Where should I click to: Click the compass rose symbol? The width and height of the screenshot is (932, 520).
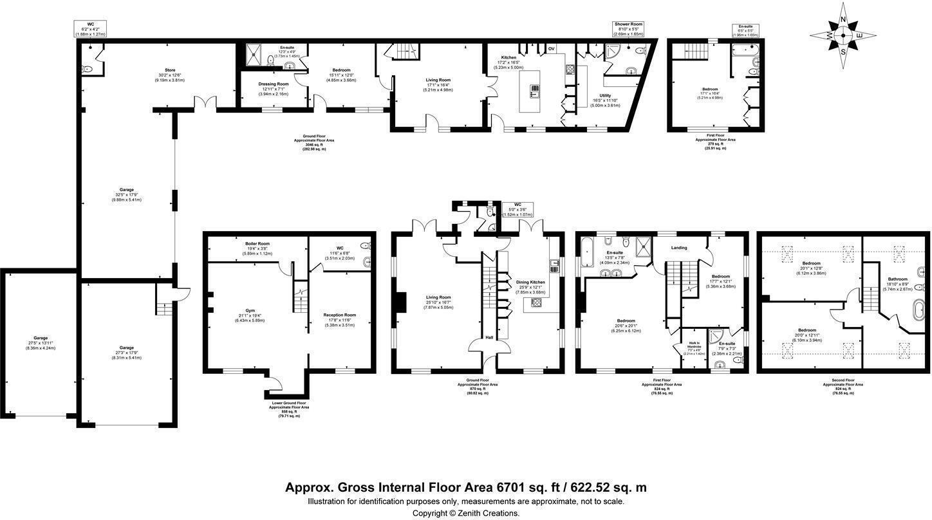click(x=843, y=35)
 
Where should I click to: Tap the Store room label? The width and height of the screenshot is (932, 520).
click(x=170, y=70)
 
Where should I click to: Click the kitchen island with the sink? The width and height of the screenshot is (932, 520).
click(x=534, y=91)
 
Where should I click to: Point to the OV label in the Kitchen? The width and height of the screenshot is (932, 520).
click(x=551, y=49)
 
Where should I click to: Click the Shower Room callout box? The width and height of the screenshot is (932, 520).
click(x=628, y=29)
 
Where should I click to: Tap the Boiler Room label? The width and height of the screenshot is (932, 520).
click(x=257, y=244)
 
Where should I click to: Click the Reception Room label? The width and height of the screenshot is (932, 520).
click(x=339, y=315)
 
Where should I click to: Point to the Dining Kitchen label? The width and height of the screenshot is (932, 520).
click(x=528, y=282)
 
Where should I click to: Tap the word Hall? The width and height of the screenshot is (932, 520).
click(x=489, y=337)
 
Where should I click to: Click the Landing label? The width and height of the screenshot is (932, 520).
click(x=679, y=248)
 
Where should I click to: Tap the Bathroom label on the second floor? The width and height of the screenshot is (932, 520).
click(x=898, y=279)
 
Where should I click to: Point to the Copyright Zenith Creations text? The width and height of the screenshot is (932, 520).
click(x=465, y=513)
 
